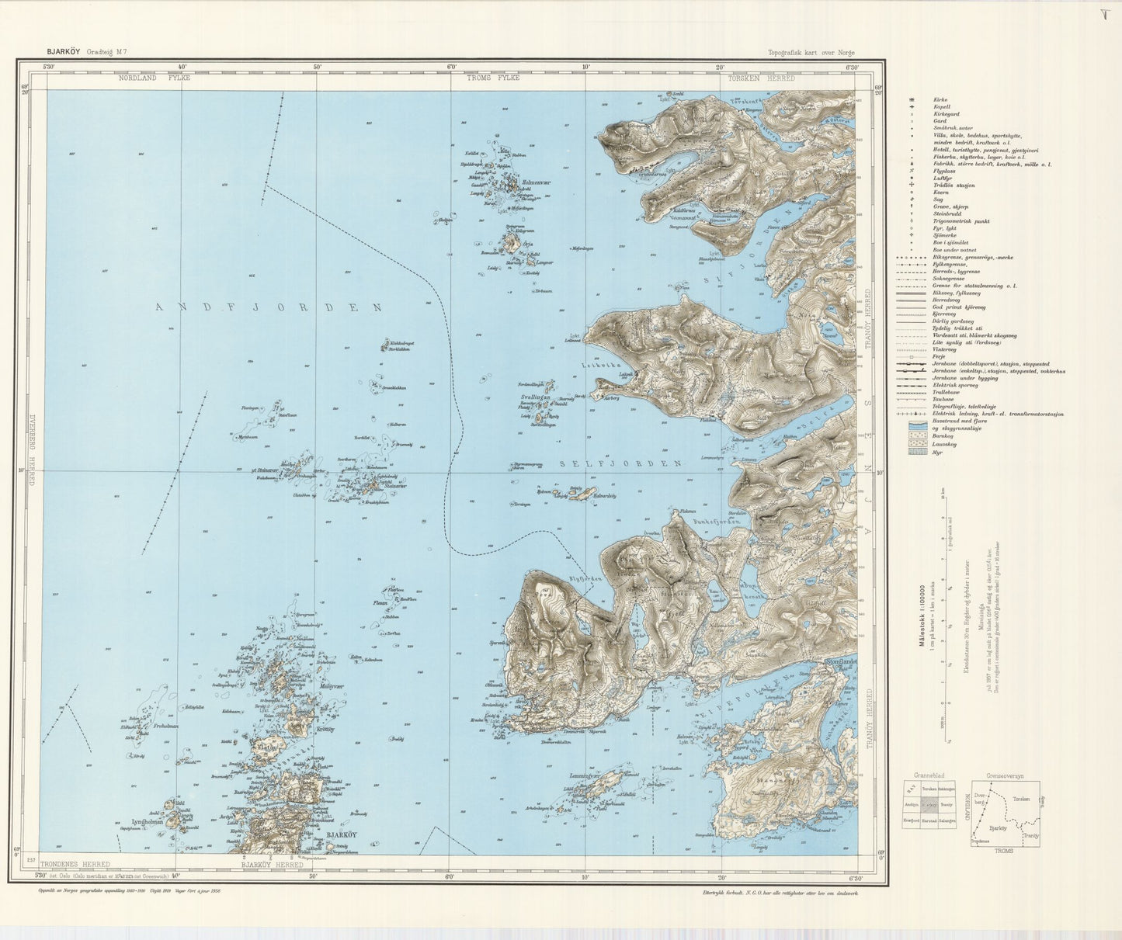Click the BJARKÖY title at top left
click(64, 52)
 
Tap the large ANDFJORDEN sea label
click(268, 307)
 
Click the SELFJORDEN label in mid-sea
click(620, 463)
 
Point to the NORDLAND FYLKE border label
click(155, 78)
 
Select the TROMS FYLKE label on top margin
click(492, 78)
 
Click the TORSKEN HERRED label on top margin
click(761, 78)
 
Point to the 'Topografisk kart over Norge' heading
click(811, 53)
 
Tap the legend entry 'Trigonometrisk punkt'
click(961, 221)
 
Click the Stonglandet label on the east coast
click(842, 661)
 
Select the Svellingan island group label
click(535, 397)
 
